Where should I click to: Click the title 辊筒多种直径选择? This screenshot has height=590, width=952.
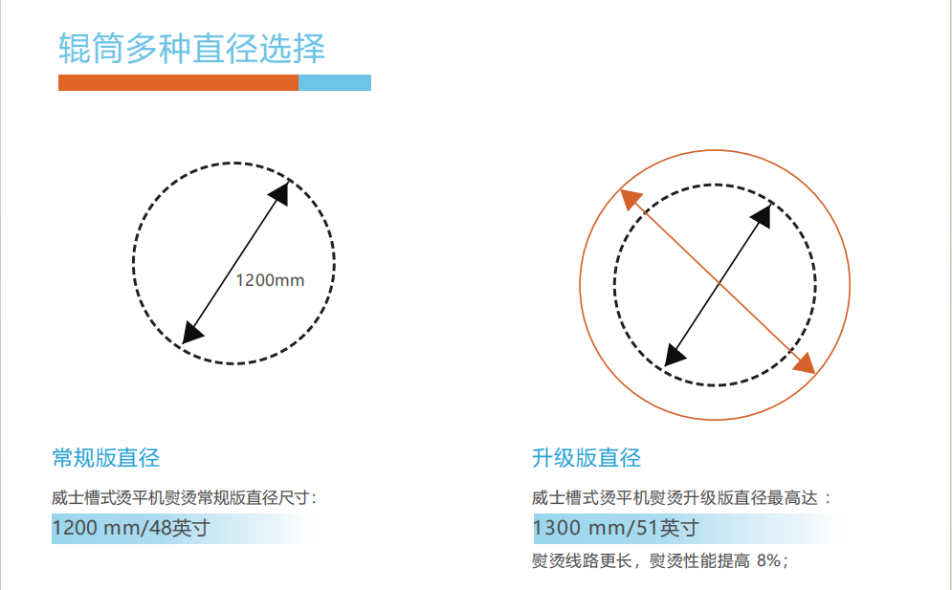(x=192, y=48)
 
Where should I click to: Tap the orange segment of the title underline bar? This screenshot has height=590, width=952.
(x=179, y=82)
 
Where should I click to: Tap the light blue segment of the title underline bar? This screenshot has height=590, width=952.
(x=335, y=82)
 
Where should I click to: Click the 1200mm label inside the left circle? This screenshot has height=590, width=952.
(x=270, y=280)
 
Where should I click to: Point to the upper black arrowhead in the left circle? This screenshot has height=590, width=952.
(x=279, y=193)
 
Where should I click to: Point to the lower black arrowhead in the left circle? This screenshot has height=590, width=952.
(x=192, y=333)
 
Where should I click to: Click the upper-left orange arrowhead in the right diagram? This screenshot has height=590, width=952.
(x=631, y=199)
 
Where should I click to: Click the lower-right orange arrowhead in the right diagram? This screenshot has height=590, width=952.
(x=804, y=363)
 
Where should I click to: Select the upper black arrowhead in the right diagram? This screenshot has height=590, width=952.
(x=762, y=215)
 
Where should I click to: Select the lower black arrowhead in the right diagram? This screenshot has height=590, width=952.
(x=675, y=355)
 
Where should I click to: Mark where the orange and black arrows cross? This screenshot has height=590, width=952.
(x=719, y=283)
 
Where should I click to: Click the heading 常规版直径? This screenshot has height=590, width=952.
(x=105, y=458)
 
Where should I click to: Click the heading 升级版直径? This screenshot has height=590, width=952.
(x=587, y=458)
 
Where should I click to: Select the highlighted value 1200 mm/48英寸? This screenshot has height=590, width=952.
(x=131, y=528)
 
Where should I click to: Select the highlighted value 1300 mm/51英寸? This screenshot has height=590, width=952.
(x=615, y=528)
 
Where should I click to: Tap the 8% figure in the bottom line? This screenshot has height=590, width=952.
(x=768, y=560)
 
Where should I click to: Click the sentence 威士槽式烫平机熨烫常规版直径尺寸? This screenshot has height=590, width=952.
(x=181, y=498)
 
